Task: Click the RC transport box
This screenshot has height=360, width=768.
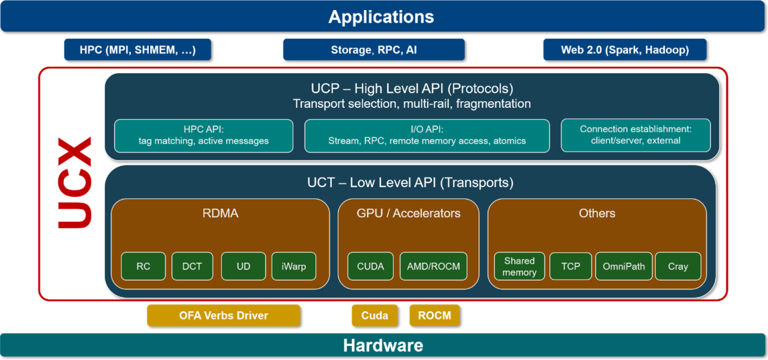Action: click(x=143, y=266)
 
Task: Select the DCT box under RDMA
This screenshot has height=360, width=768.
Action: click(x=192, y=266)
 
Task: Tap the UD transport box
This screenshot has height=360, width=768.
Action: click(x=243, y=266)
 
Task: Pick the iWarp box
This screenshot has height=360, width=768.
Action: click(x=293, y=266)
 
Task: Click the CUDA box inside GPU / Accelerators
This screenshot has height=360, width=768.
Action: click(x=370, y=266)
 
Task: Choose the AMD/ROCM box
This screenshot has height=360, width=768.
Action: click(x=433, y=266)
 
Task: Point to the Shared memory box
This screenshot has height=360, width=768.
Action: click(x=519, y=267)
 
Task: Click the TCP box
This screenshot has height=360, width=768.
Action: click(x=570, y=266)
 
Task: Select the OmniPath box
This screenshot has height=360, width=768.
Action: click(x=623, y=266)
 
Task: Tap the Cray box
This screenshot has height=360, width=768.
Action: click(x=678, y=266)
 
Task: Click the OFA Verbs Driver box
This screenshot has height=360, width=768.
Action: click(x=223, y=315)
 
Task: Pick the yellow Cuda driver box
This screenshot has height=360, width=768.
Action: click(x=374, y=315)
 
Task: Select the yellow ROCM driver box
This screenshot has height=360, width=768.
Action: click(x=434, y=315)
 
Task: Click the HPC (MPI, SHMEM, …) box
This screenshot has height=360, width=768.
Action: click(x=138, y=50)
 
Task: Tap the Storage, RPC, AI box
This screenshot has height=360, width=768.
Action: click(x=373, y=50)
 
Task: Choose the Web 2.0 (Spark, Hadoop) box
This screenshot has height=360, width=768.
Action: click(x=625, y=50)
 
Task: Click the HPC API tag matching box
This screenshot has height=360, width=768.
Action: click(x=204, y=135)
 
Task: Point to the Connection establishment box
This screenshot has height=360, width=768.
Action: click(x=635, y=135)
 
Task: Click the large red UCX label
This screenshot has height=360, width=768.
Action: click(x=75, y=183)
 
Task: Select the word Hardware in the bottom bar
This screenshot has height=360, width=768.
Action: click(x=383, y=345)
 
